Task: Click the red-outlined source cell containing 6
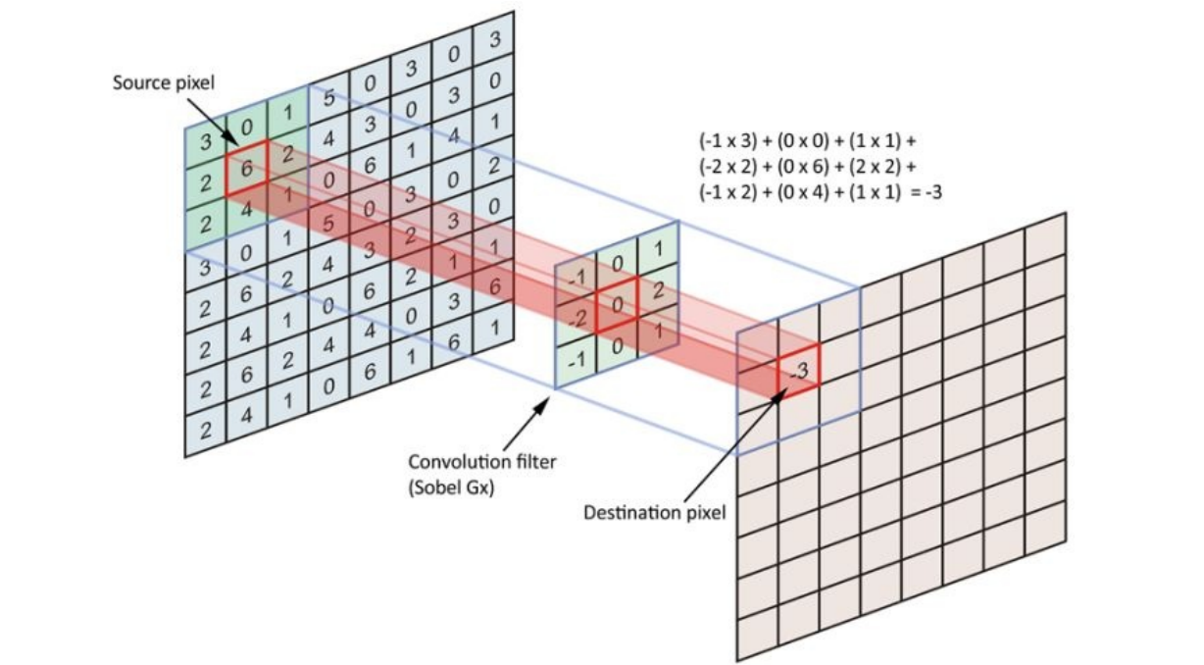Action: coord(247,171)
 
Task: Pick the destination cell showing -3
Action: coord(798,369)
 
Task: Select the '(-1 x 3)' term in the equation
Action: coord(727,140)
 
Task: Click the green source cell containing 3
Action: coord(206,142)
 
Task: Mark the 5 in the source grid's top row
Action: coord(329,99)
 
